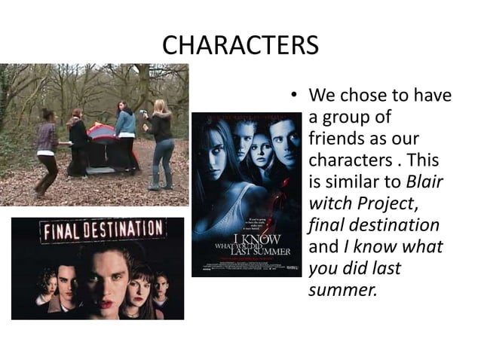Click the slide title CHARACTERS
[240, 46]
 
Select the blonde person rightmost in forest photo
[161, 143]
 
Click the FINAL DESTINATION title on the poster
[104, 230]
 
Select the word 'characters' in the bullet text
[346, 161]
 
